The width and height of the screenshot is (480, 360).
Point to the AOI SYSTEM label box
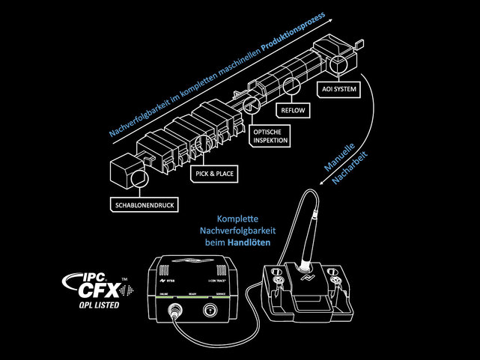pyautogui.click(x=338, y=90)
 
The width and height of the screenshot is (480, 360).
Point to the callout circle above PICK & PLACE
pyautogui.click(x=201, y=144)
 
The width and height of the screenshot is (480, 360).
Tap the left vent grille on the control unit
pyautogui.click(x=166, y=268)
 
